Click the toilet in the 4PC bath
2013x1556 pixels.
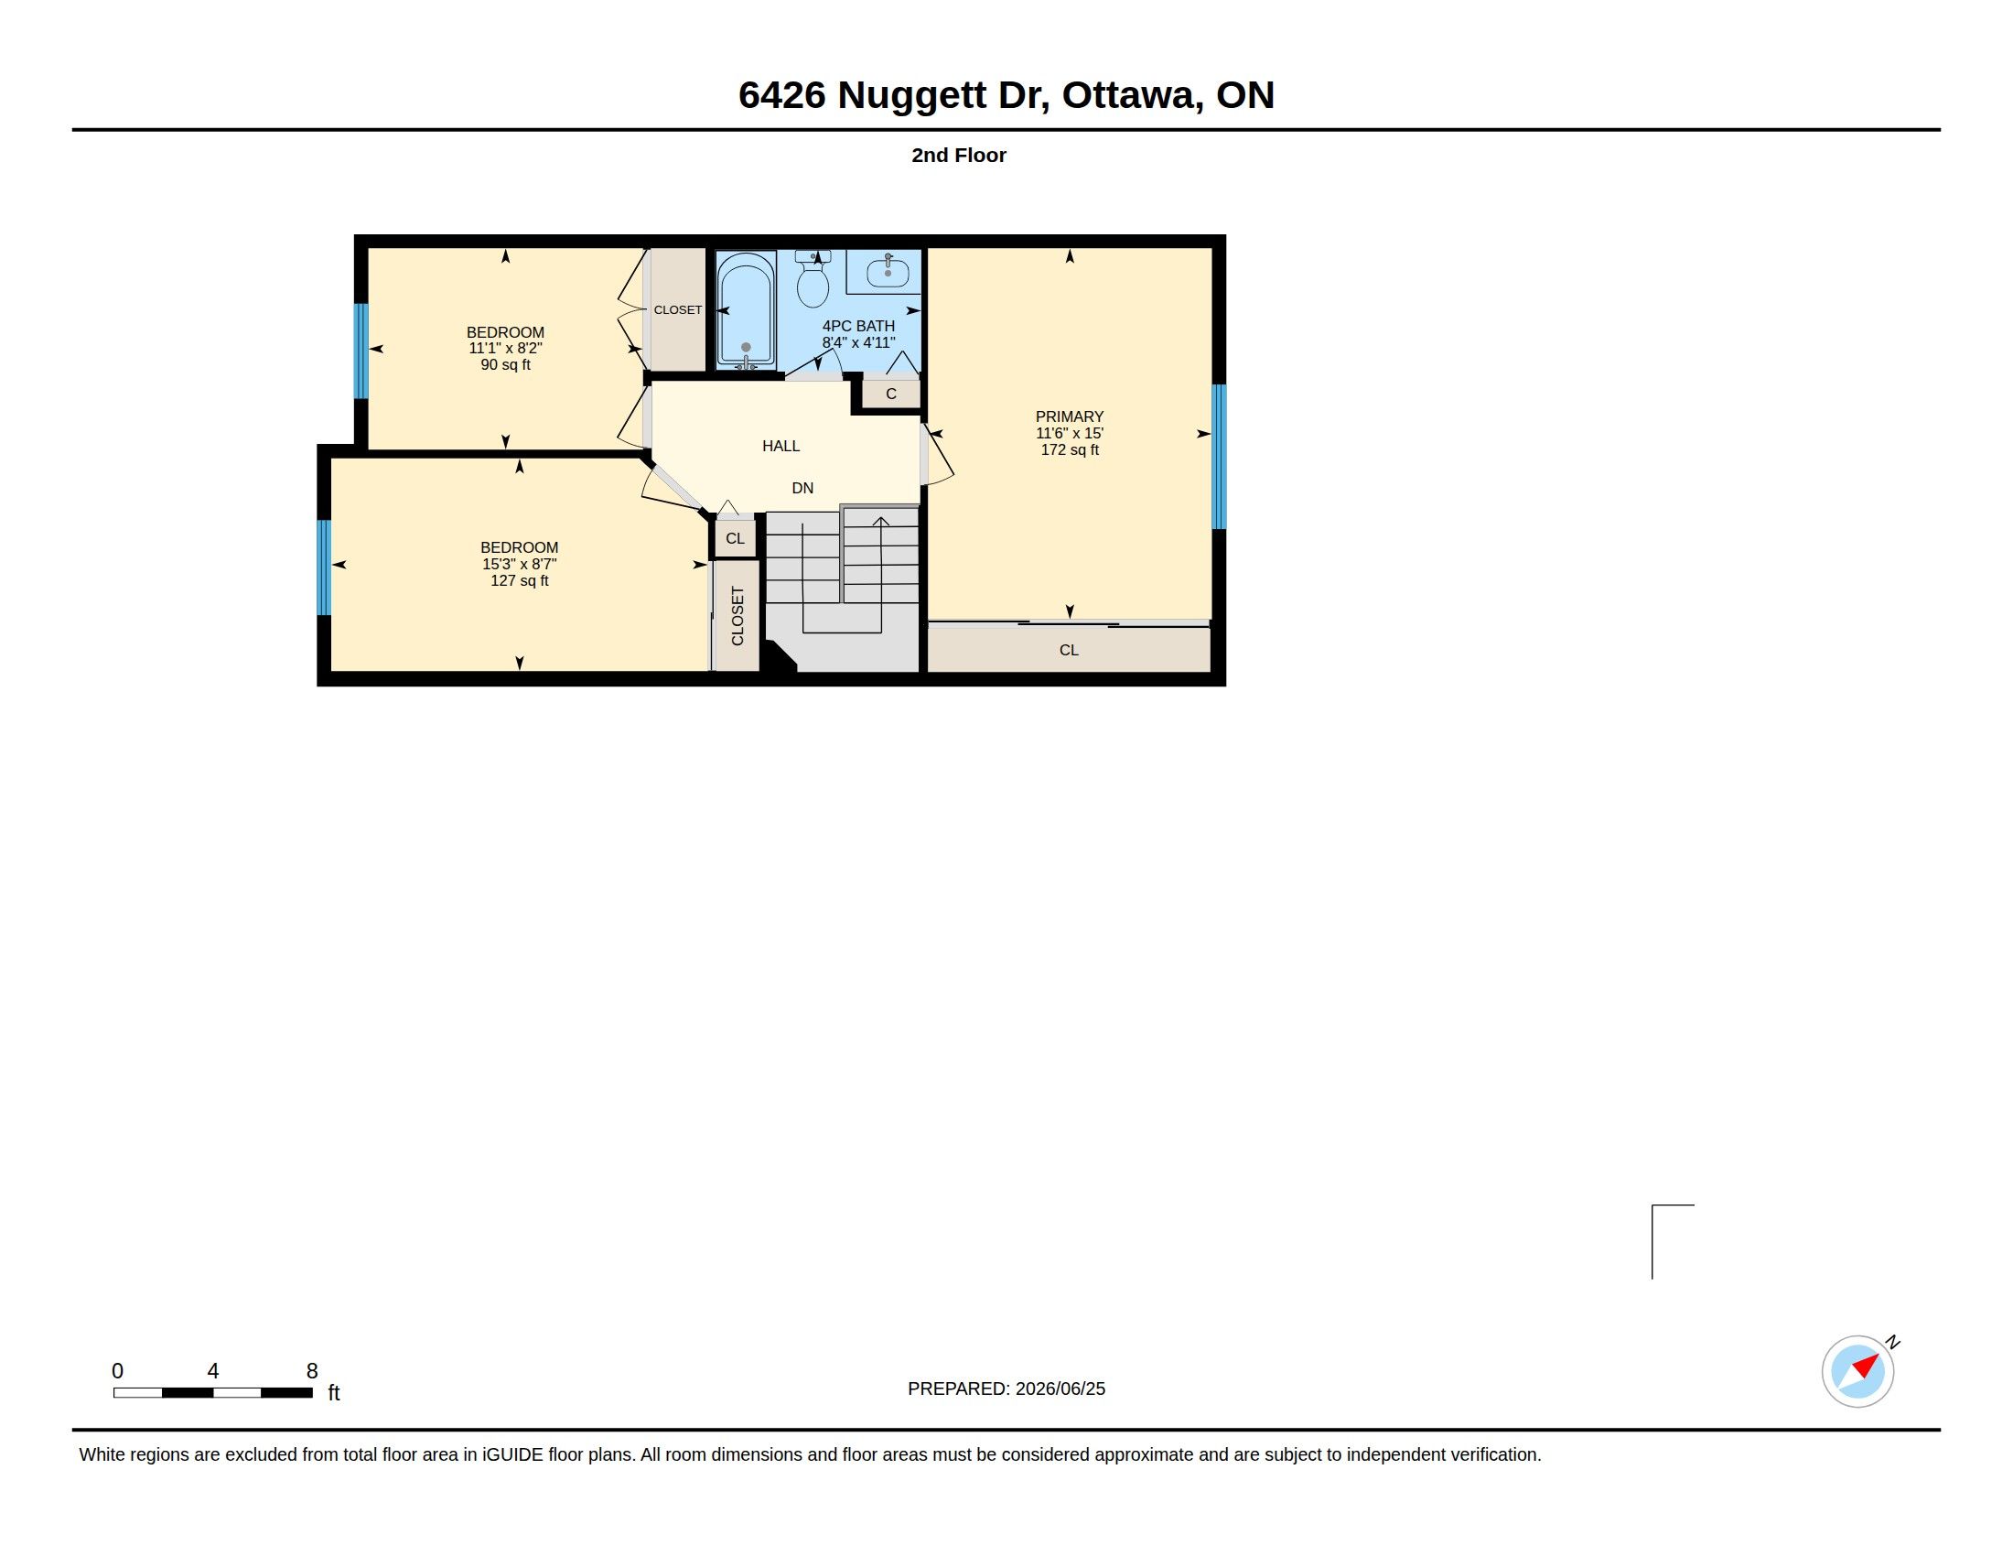[x=813, y=278]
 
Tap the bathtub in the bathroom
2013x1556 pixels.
[x=746, y=310]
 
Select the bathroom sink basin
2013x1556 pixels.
[x=888, y=273]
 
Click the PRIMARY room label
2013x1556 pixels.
[x=1069, y=416]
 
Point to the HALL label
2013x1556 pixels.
[x=780, y=446]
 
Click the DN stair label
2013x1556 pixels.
[x=802, y=489]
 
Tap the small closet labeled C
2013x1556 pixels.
[x=891, y=394]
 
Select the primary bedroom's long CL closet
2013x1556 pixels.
[x=1068, y=649]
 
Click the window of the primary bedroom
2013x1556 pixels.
[x=1219, y=457]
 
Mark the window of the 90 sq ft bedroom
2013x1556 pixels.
[x=361, y=351]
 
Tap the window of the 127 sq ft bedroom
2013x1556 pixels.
[x=325, y=567]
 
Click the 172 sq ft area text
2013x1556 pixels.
[x=1069, y=449]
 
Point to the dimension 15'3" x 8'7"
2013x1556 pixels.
[x=519, y=564]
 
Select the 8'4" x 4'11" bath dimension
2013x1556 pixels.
[x=859, y=343]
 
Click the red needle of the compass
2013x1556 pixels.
[x=1867, y=1365]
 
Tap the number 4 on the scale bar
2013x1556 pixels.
[x=213, y=1371]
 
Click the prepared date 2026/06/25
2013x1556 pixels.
[x=1060, y=1389]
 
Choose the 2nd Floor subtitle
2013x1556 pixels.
[x=959, y=155]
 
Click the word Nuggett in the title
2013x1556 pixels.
[x=911, y=96]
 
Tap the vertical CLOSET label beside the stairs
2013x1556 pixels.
[x=737, y=616]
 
